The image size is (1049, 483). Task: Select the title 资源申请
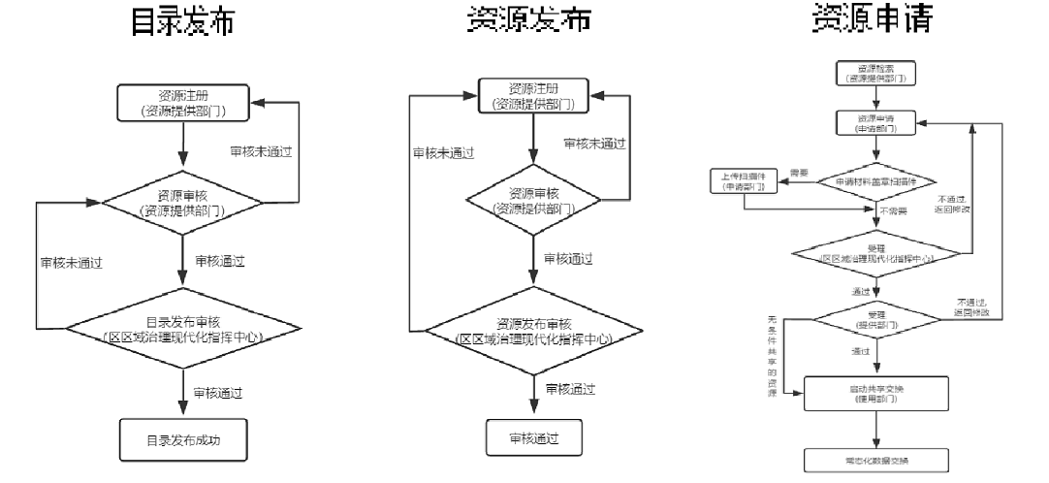click(876, 21)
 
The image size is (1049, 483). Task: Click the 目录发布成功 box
click(183, 439)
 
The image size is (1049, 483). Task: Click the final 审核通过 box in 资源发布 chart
click(533, 437)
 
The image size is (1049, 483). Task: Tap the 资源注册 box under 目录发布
click(183, 104)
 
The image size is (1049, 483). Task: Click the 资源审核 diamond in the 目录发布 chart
click(183, 203)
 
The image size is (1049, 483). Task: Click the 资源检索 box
click(876, 72)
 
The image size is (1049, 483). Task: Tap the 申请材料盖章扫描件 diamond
click(876, 181)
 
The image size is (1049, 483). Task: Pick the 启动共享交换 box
click(876, 393)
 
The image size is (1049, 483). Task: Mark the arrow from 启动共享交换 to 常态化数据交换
click(876, 427)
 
